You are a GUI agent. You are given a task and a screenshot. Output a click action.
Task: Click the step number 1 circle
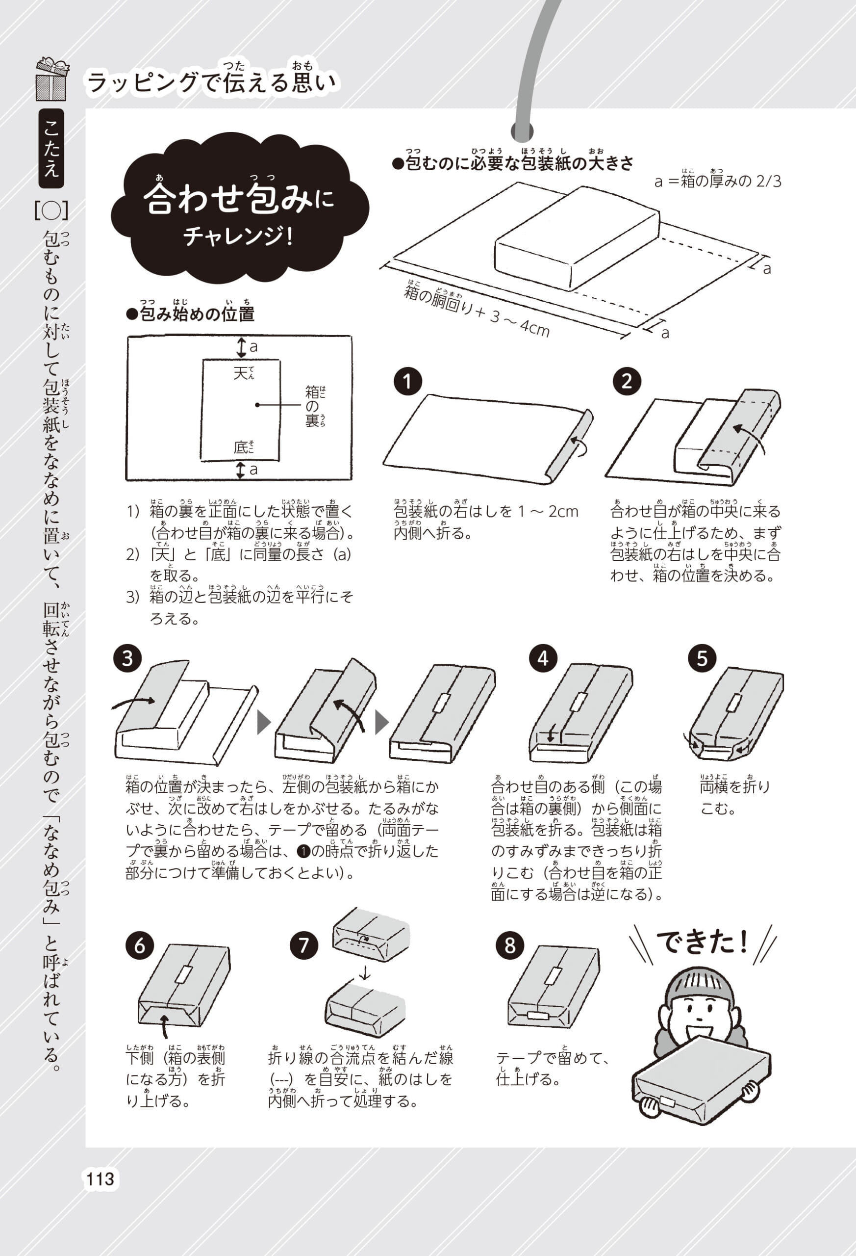click(407, 382)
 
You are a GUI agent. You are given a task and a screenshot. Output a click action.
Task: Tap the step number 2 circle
click(627, 382)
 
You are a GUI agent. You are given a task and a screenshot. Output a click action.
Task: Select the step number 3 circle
click(127, 659)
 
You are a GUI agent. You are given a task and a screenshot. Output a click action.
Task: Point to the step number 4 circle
click(543, 658)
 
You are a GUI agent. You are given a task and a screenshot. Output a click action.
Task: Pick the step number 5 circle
click(702, 659)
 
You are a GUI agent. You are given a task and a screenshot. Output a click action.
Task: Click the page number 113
click(100, 1178)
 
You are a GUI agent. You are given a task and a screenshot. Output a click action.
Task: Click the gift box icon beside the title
click(52, 79)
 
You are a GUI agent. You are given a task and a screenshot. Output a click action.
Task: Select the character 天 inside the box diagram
click(240, 373)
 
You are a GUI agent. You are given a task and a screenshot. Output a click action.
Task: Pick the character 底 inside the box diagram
click(240, 447)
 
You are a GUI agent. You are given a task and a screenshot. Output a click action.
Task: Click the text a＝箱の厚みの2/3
click(718, 181)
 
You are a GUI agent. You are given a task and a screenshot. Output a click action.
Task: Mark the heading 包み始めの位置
click(190, 313)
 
